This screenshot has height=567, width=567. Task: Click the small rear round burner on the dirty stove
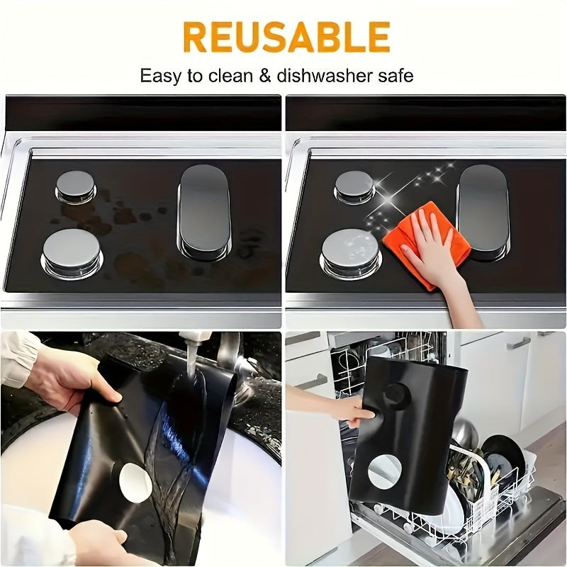[x=75, y=186]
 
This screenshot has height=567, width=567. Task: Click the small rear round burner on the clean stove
[x=354, y=186]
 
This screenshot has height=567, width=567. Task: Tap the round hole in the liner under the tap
[x=135, y=482]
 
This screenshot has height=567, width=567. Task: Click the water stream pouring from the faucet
[x=186, y=397]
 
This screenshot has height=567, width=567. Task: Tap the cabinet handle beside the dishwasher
[x=519, y=343]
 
